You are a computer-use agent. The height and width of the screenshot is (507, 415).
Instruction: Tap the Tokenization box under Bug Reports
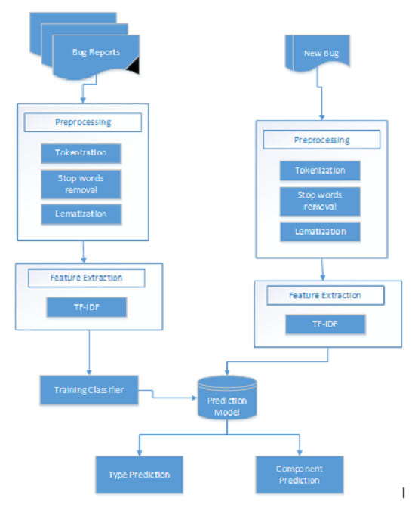point(81,153)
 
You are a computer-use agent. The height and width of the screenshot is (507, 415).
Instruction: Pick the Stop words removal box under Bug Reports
point(81,183)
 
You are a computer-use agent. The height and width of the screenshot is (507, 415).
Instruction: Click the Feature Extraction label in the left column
point(85,278)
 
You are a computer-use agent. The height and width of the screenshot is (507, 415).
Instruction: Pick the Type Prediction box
point(134,475)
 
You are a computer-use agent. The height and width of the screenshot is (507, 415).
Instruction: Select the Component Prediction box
point(300,474)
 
